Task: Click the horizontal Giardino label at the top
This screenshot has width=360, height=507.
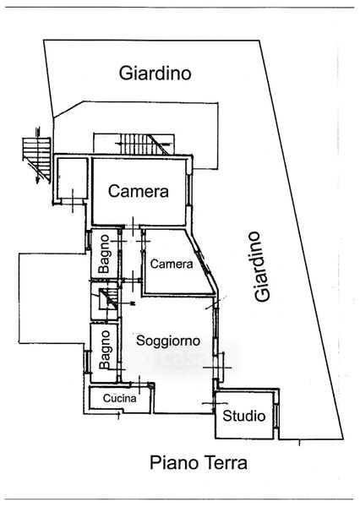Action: [x=155, y=74]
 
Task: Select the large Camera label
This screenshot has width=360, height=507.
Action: [x=139, y=191]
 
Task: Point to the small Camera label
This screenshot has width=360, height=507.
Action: [x=172, y=264]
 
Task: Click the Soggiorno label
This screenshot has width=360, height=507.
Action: [x=168, y=341]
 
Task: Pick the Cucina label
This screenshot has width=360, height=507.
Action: [x=120, y=398]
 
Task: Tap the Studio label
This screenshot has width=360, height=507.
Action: [x=244, y=416]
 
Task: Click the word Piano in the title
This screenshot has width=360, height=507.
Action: [x=174, y=463]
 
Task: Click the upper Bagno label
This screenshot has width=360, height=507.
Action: [x=104, y=253]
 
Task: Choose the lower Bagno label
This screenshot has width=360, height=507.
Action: [x=105, y=350]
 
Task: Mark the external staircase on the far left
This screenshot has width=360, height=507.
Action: [x=36, y=157]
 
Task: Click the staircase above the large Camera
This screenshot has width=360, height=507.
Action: [x=145, y=144]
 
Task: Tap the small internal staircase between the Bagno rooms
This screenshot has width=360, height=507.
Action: [x=108, y=299]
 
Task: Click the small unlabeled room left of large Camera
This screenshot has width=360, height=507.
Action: [x=73, y=178]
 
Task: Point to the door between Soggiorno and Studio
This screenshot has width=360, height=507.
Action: [x=215, y=403]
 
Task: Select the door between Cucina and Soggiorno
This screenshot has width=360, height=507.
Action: [x=139, y=384]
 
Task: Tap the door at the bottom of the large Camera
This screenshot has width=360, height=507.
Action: [x=133, y=225]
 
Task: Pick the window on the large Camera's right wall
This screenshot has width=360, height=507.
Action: [x=189, y=191]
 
